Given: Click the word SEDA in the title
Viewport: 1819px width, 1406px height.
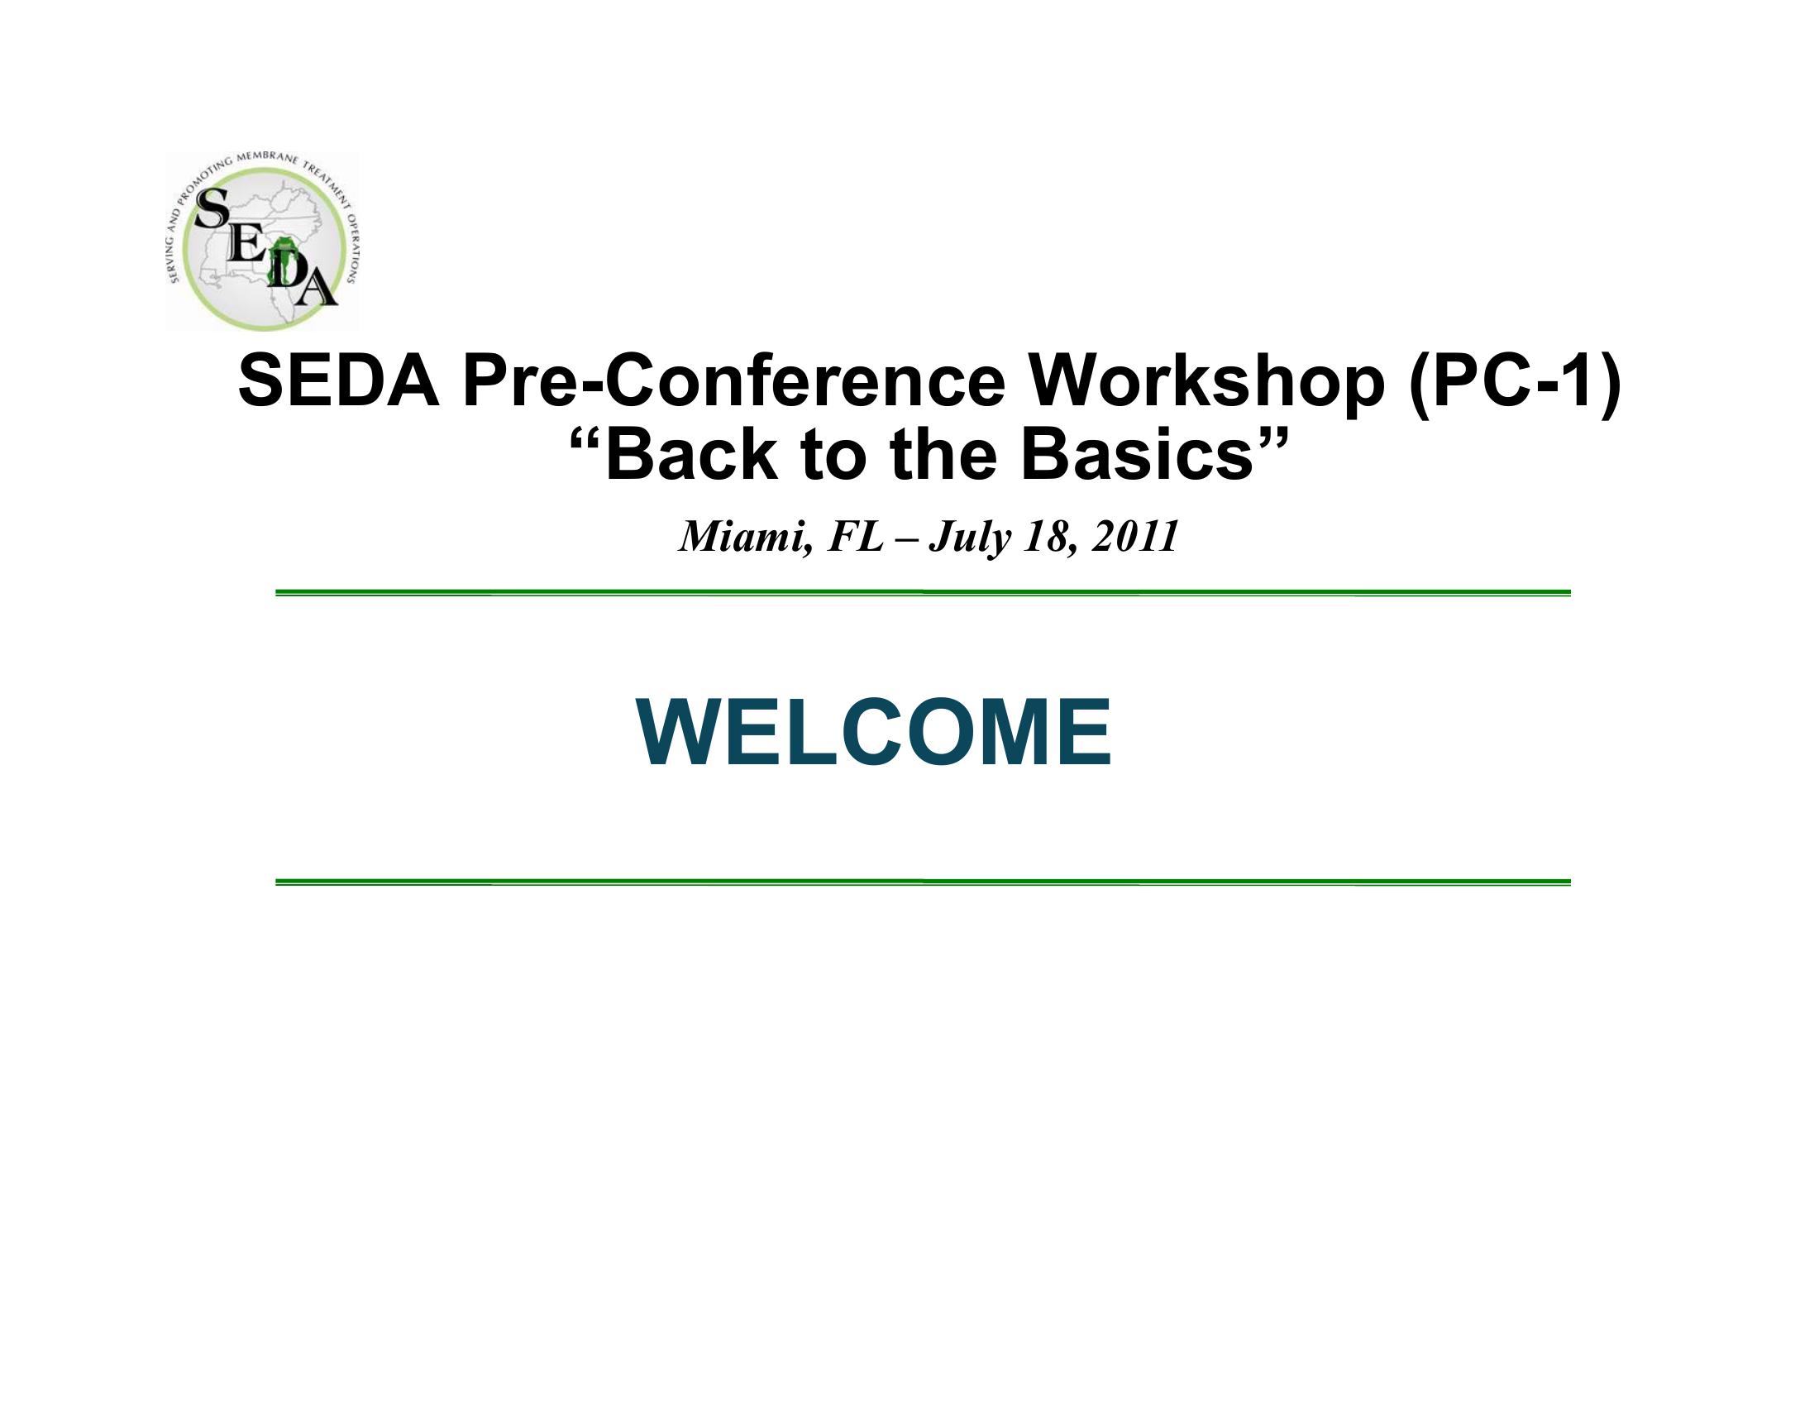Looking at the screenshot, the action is click(x=339, y=382).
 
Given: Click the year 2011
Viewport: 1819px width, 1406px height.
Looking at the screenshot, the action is click(x=1135, y=538).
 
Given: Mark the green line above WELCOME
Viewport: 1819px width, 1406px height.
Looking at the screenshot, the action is click(x=923, y=593).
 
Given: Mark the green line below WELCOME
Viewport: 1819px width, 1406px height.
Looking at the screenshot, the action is click(x=923, y=882).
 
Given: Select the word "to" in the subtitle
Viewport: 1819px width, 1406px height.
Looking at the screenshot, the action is click(x=832, y=457).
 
